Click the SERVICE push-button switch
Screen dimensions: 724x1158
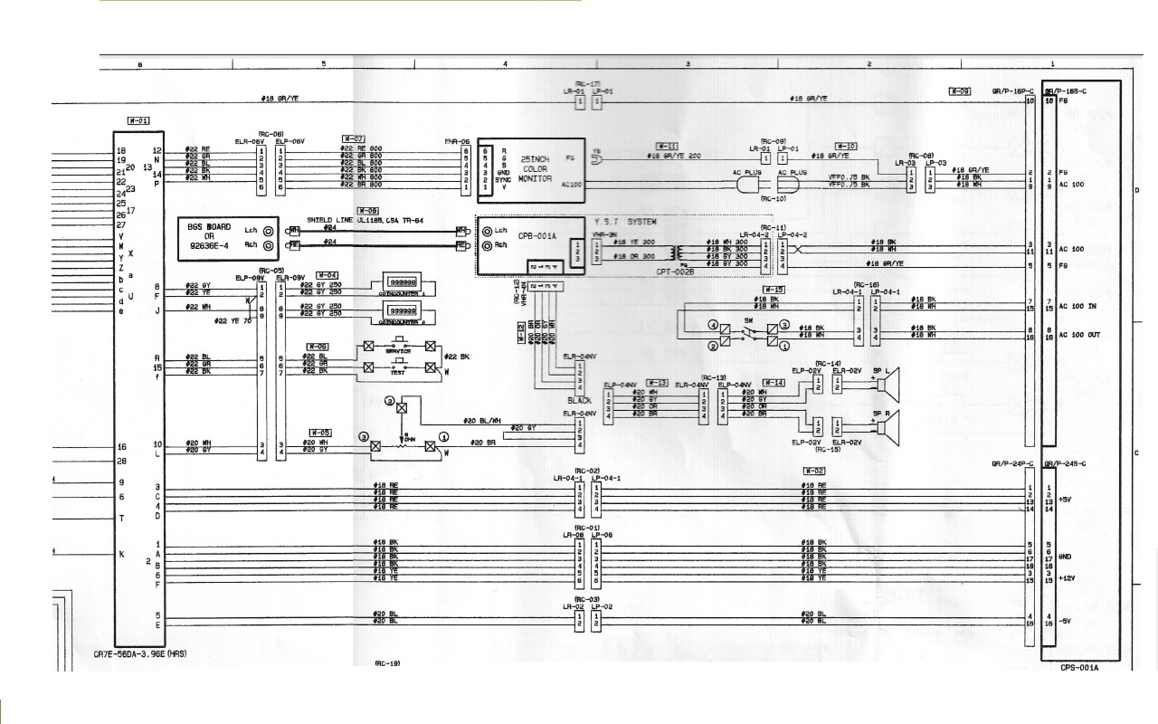click(x=399, y=346)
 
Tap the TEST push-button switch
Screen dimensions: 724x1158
click(x=399, y=368)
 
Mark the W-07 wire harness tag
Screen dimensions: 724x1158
click(x=353, y=138)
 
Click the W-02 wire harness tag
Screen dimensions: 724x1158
click(x=814, y=471)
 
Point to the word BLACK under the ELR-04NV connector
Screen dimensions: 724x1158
click(x=580, y=399)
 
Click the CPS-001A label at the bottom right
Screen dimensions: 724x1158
click(x=1079, y=668)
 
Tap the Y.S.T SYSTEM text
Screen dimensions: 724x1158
click(x=624, y=222)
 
